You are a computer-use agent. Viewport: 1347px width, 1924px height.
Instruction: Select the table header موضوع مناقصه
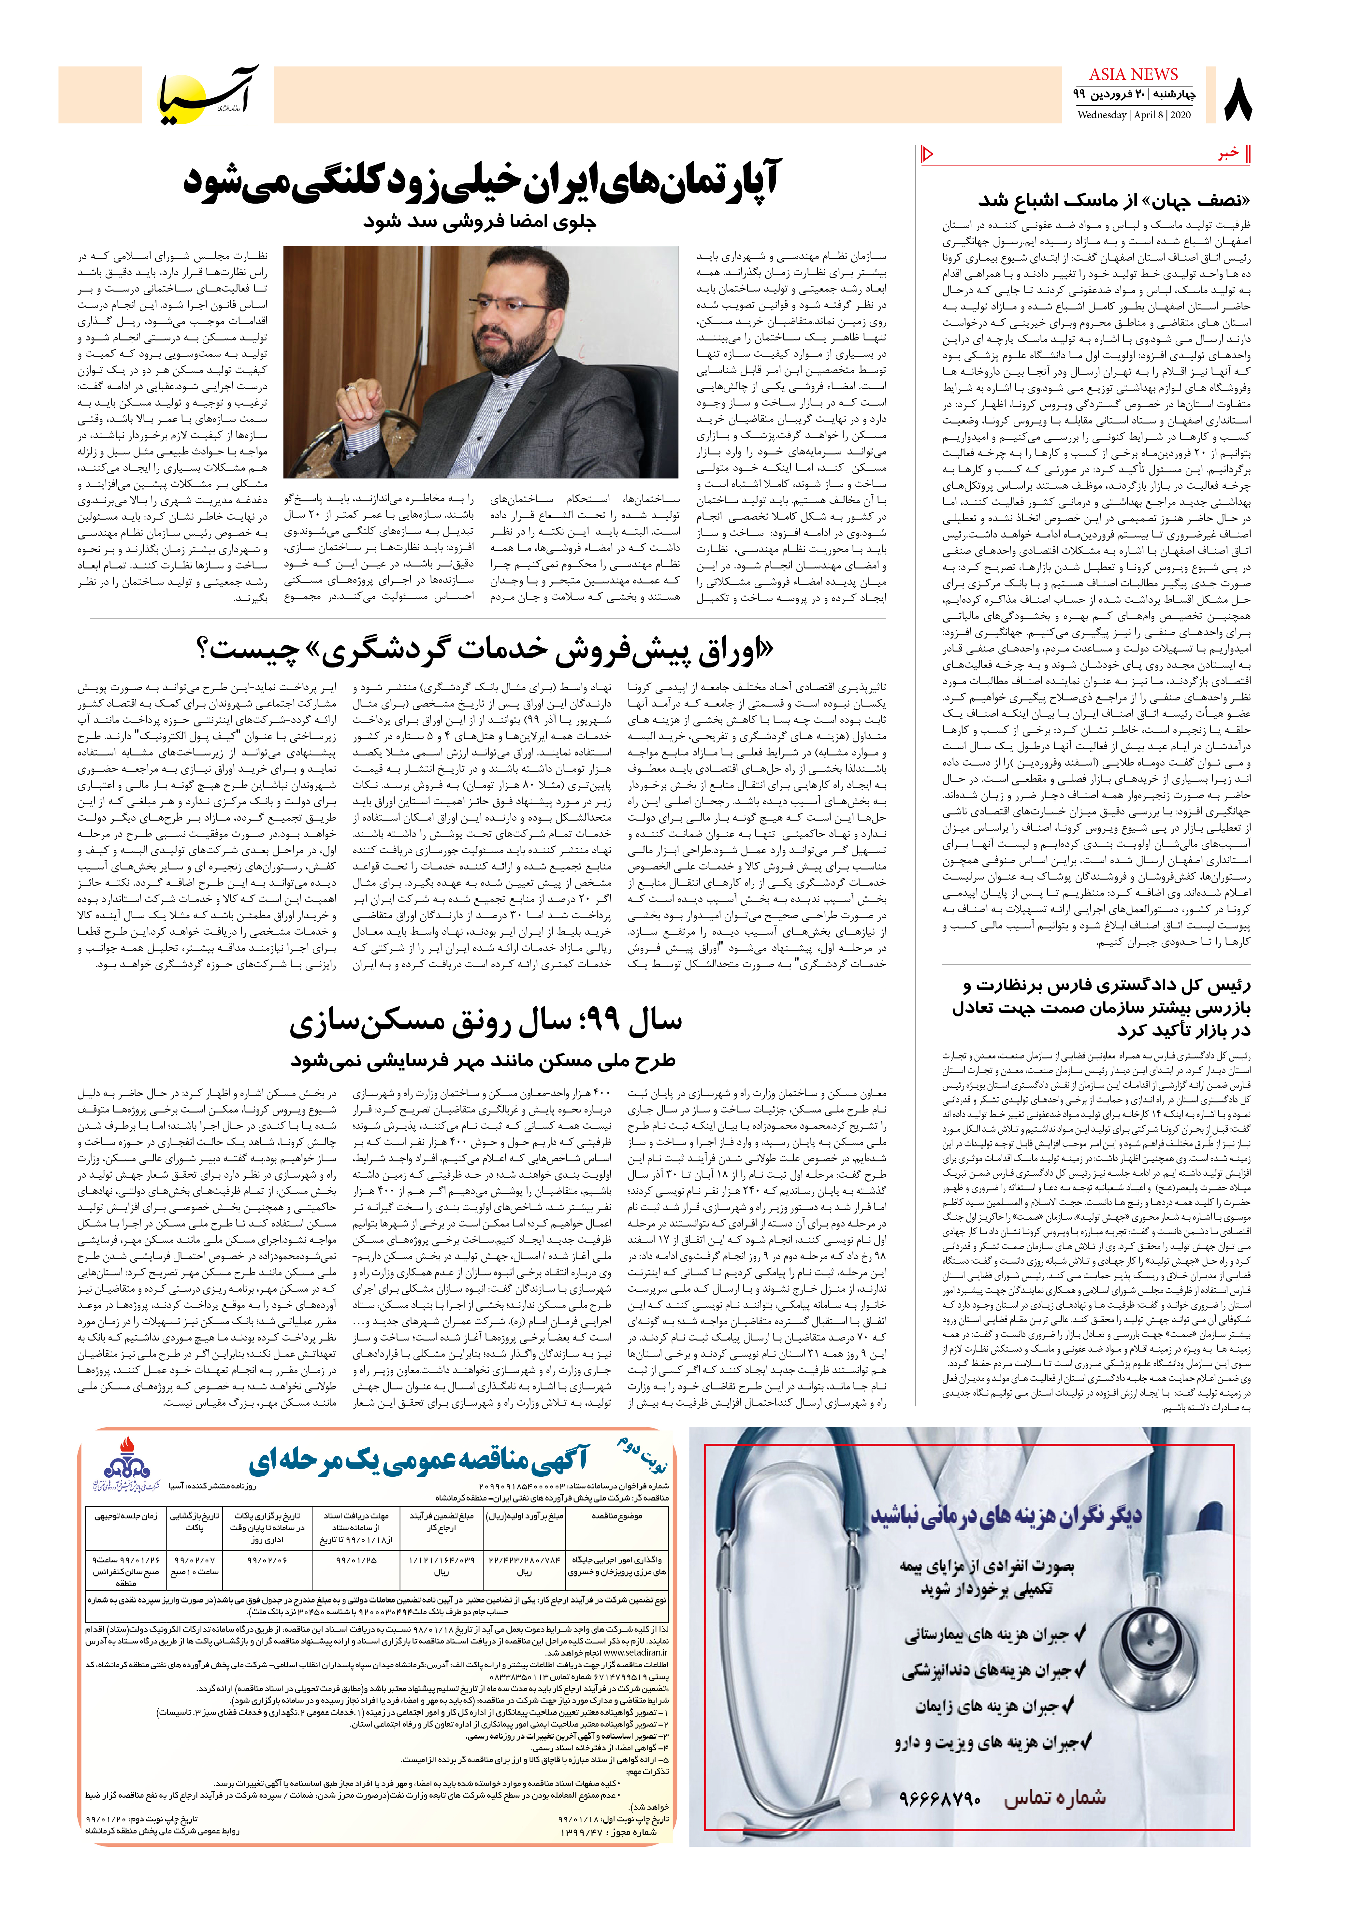(618, 1516)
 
